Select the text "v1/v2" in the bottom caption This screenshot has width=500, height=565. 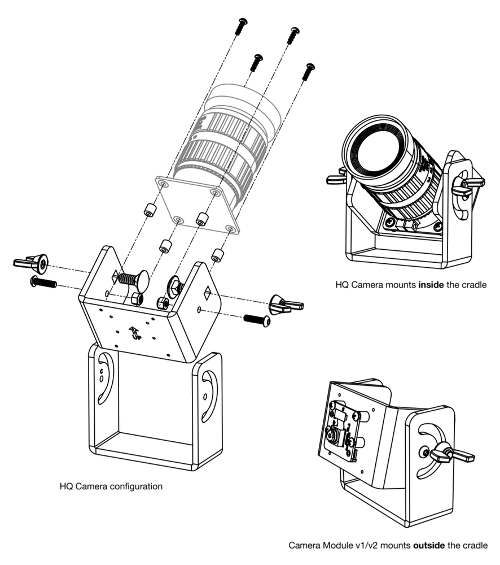370,546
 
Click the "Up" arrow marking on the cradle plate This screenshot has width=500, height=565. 135,333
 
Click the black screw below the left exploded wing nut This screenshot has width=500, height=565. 43,282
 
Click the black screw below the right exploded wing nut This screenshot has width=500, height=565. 256,320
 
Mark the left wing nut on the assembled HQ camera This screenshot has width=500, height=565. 337,180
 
